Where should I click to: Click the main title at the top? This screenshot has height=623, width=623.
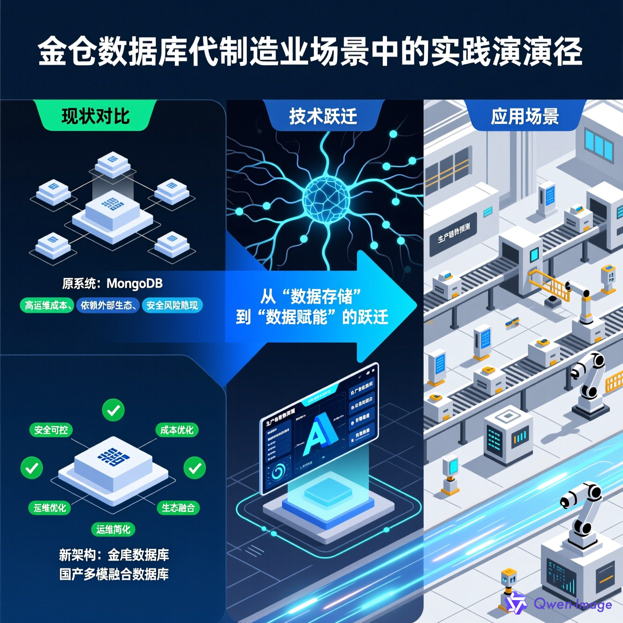pyautogui.click(x=311, y=52)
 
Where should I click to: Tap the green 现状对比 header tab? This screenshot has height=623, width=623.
pyautogui.click(x=96, y=116)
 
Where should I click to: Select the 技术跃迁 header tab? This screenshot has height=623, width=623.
pyautogui.click(x=323, y=116)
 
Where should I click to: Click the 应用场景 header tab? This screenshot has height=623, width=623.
pyautogui.click(x=525, y=116)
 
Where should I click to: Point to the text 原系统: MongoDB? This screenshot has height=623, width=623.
pyautogui.click(x=113, y=283)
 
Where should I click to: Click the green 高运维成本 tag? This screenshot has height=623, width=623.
pyautogui.click(x=46, y=305)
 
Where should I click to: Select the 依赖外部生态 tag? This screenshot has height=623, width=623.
pyautogui.click(x=108, y=305)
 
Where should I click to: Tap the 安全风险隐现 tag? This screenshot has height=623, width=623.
pyautogui.click(x=172, y=305)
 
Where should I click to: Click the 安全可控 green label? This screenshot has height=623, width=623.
pyautogui.click(x=51, y=430)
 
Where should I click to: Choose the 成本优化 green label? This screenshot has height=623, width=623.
pyautogui.click(x=177, y=430)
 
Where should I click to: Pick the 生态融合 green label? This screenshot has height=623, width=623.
pyautogui.click(x=178, y=508)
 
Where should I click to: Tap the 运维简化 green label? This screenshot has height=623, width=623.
pyautogui.click(x=113, y=529)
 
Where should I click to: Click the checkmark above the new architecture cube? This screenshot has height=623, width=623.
pyautogui.click(x=113, y=410)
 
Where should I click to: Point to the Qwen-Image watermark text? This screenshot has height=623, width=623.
pyautogui.click(x=572, y=604)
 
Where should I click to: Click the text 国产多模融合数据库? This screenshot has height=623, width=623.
pyautogui.click(x=114, y=574)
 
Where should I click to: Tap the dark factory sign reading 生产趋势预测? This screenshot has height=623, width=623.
pyautogui.click(x=454, y=233)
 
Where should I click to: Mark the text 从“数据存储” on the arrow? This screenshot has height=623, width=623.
pyautogui.click(x=311, y=296)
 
